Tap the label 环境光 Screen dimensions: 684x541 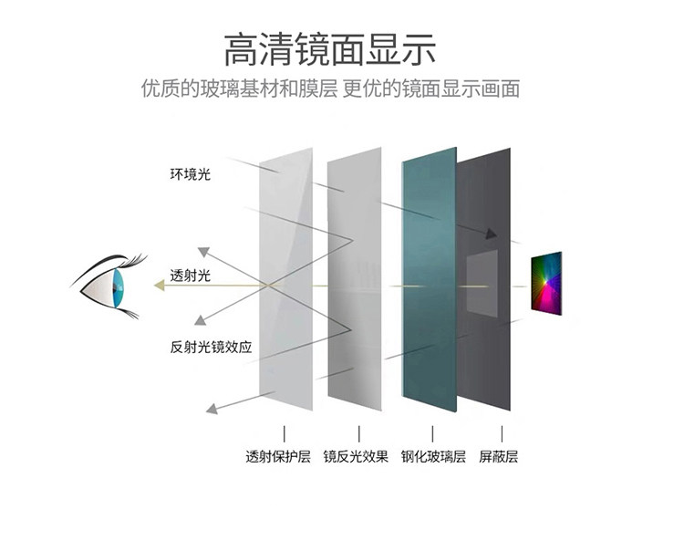tap(190, 172)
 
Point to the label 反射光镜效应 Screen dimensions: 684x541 tap(211, 347)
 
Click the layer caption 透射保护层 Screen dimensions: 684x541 tap(278, 456)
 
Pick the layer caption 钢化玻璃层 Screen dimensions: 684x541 tap(433, 456)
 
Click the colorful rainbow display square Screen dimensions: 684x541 tap(547, 284)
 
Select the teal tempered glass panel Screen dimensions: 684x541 tap(429, 283)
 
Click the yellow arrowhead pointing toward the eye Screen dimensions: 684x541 tap(160, 286)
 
